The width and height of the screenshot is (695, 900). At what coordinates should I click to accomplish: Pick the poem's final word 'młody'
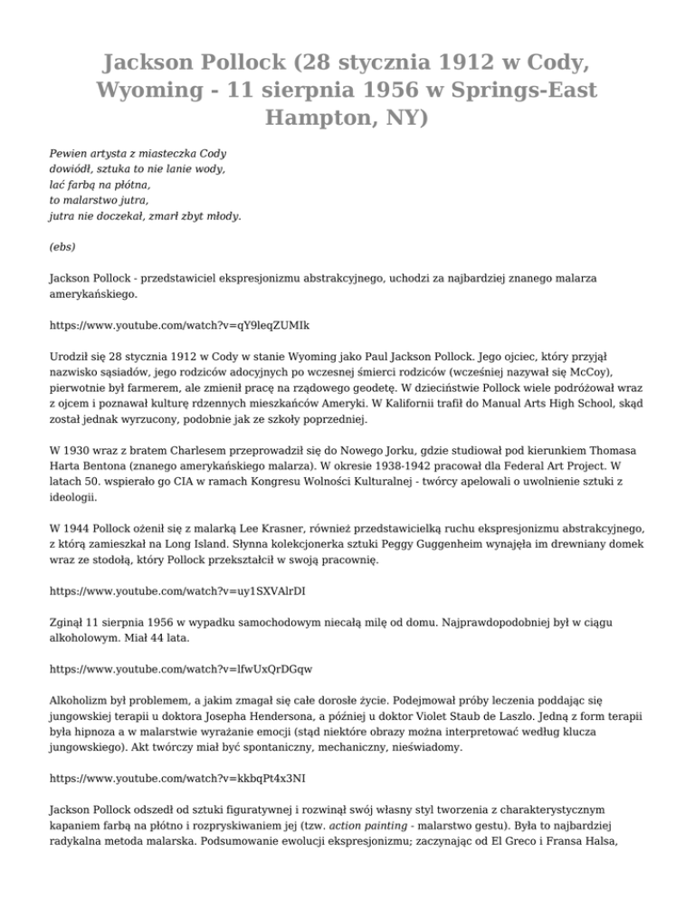tap(220, 216)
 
